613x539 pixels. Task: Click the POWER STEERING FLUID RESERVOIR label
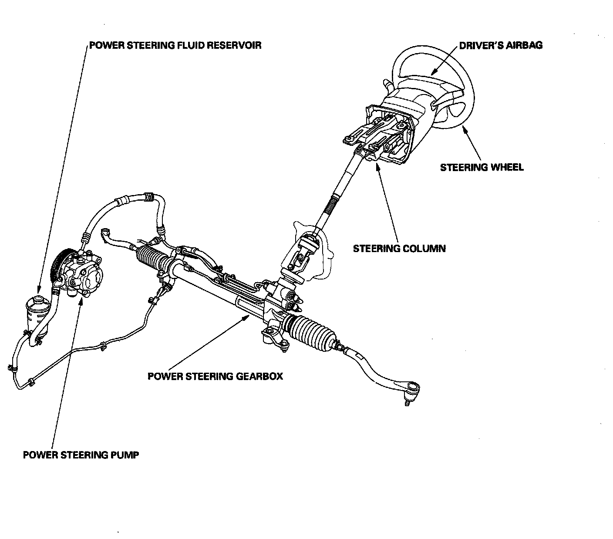pos(175,45)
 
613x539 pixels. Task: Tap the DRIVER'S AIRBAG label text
pos(501,45)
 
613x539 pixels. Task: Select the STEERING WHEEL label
pos(482,167)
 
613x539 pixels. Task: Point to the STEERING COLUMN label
pos(399,249)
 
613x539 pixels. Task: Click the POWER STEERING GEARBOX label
pos(215,376)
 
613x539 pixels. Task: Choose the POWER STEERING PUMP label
pos(81,455)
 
